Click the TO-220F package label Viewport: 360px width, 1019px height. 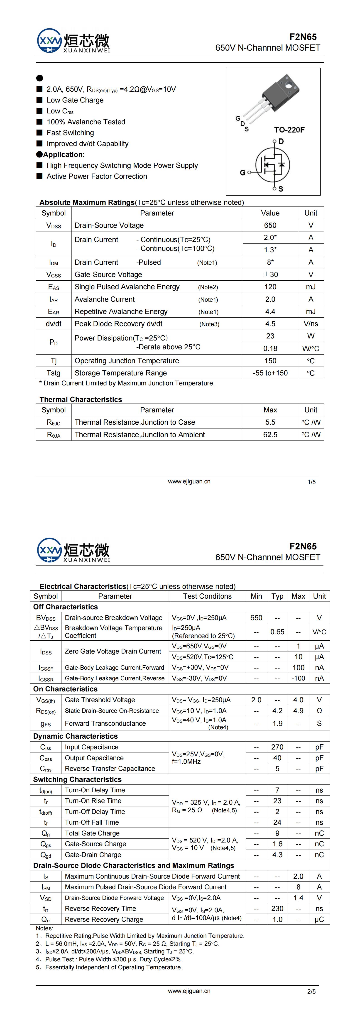(289, 130)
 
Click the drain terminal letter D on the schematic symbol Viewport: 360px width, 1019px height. (281, 141)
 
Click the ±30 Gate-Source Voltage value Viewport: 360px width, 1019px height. (270, 274)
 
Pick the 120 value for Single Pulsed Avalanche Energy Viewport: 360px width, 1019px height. (270, 287)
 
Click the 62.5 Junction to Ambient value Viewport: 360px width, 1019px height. (270, 435)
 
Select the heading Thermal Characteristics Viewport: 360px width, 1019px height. (81, 399)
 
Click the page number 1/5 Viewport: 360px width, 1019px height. (311, 482)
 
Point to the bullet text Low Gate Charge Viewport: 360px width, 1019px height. (75, 100)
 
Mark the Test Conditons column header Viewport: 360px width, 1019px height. (207, 596)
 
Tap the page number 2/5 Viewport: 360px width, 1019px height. (311, 991)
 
